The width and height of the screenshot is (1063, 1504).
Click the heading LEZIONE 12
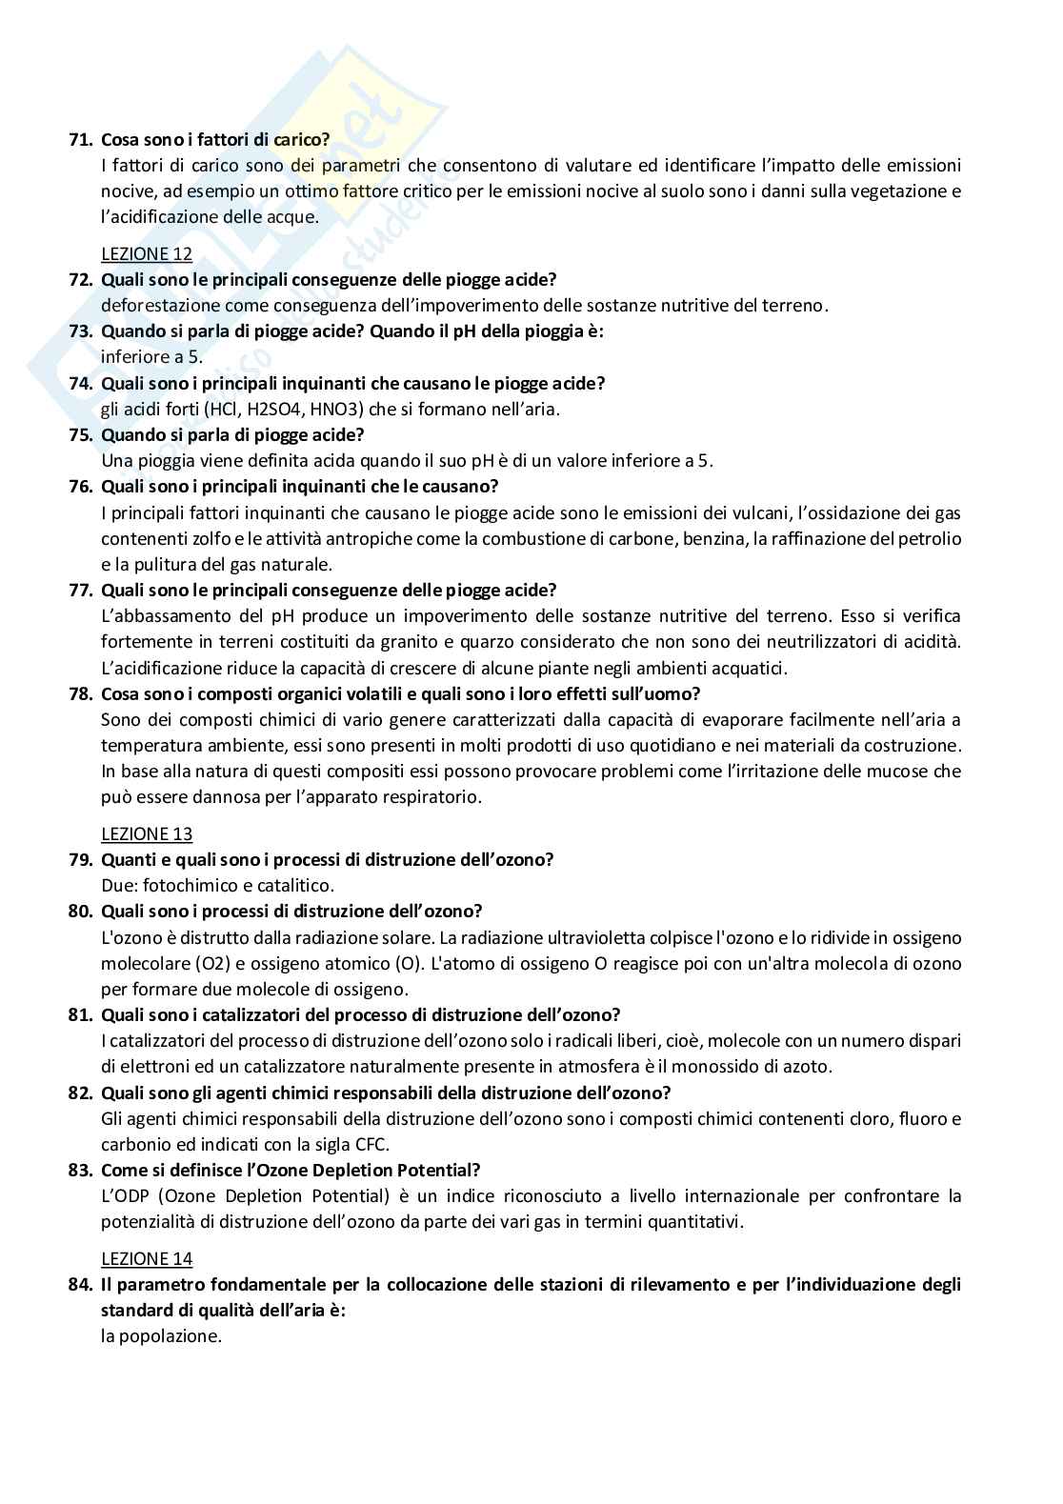coord(147,254)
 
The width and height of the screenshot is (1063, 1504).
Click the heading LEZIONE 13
coord(147,834)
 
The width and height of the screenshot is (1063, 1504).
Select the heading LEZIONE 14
coord(147,1259)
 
